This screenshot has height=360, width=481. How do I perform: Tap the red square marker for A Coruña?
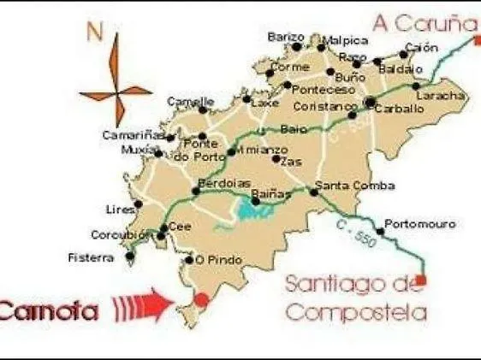(x=478, y=38)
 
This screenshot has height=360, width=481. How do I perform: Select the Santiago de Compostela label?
(x=355, y=298)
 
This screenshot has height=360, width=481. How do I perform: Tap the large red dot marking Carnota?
(x=201, y=299)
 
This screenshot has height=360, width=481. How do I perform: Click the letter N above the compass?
(x=96, y=34)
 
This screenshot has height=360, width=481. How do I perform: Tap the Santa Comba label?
(x=343, y=186)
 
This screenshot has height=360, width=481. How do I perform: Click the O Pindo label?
(x=213, y=259)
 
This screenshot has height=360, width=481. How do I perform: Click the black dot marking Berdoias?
(x=196, y=191)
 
